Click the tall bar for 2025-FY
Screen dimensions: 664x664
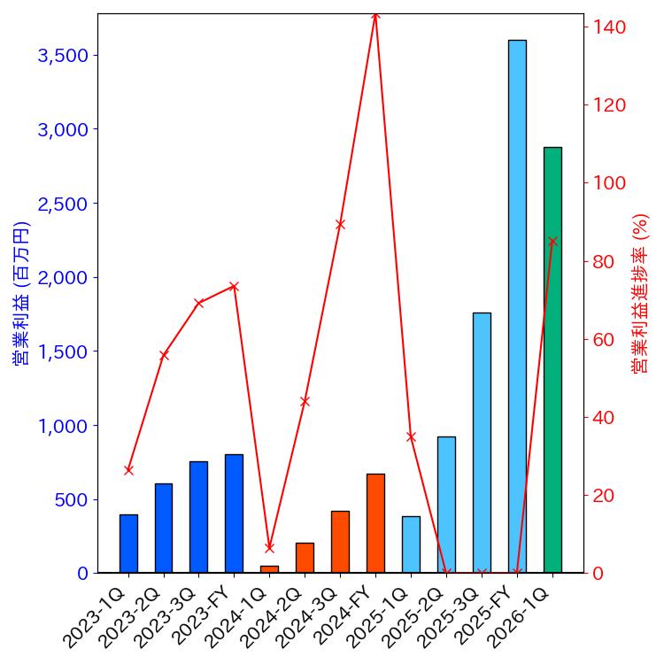click(x=517, y=306)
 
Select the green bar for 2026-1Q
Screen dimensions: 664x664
click(x=552, y=359)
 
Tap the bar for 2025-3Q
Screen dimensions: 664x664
click(x=482, y=443)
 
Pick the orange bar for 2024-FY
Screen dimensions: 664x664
click(x=375, y=523)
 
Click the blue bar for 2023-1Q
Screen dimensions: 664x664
click(x=128, y=544)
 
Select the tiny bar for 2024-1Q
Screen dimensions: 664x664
click(x=269, y=569)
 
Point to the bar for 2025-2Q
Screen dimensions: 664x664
click(x=446, y=505)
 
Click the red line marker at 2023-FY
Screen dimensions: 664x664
click(x=234, y=286)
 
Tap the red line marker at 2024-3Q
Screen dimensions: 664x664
click(x=340, y=224)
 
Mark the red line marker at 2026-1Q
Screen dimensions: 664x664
click(x=552, y=241)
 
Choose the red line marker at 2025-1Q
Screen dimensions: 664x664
click(x=411, y=436)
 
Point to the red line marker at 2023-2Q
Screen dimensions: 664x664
click(x=164, y=355)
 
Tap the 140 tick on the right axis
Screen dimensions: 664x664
click(x=609, y=27)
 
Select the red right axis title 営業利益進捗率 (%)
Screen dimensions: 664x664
click(x=640, y=293)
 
